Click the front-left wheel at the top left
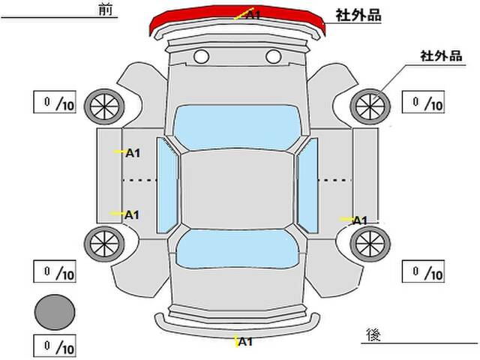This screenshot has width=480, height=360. click(103, 104)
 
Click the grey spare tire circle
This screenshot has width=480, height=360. click(55, 310)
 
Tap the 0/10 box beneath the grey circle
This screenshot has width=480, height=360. click(55, 347)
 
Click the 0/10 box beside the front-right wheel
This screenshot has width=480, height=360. click(424, 103)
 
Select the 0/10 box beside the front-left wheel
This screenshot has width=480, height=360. click(55, 103)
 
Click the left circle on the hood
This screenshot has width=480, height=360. click(201, 56)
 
